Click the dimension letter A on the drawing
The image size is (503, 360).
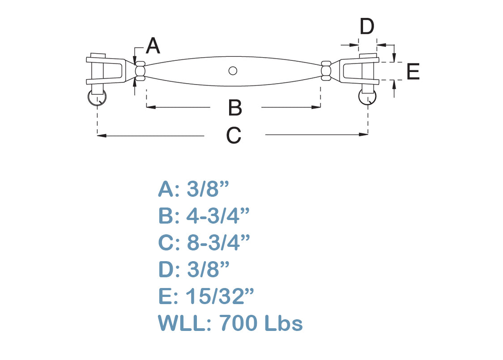click(153, 46)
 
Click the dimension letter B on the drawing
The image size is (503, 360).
click(235, 108)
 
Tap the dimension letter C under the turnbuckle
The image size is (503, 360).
click(234, 135)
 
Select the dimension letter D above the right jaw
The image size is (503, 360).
click(367, 27)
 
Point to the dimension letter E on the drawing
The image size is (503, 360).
click(413, 72)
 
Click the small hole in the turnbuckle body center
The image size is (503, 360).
click(232, 70)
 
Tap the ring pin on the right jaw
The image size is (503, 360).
click(367, 97)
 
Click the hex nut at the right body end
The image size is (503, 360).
click(326, 71)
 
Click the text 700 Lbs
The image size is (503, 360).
click(261, 323)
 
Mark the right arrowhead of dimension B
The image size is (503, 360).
click(318, 107)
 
